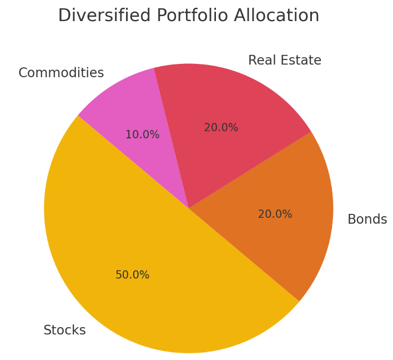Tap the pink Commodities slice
pos(133,111)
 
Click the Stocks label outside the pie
pos(64,331)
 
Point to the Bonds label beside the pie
pos(367,219)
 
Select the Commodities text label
pos(61,73)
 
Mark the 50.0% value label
pos(132,275)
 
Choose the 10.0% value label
pos(142,135)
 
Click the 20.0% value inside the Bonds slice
pos(275,214)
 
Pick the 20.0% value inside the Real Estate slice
pos(221,128)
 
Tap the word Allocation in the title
pos(276,16)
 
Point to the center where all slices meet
pos(189,208)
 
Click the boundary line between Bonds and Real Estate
pos(250,170)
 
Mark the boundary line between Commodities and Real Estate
pos(171,138)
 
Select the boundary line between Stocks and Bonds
pos(244,255)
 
